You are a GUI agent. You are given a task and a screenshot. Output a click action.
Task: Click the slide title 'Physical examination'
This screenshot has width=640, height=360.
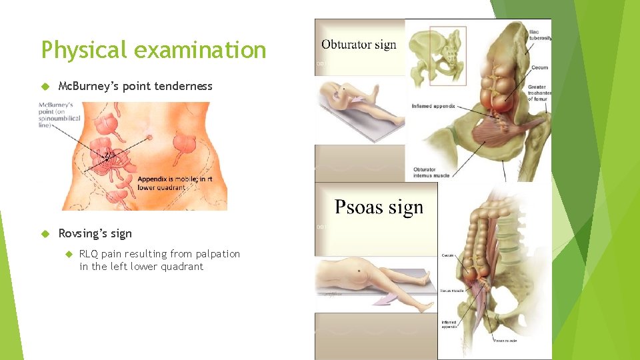coord(153,50)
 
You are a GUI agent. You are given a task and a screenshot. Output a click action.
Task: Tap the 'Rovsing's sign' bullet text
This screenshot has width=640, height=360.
coord(95,233)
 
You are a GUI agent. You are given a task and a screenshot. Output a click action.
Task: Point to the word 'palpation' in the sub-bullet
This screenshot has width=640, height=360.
coord(215,254)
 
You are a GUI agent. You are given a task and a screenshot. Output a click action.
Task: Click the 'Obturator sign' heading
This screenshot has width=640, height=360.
coord(359,45)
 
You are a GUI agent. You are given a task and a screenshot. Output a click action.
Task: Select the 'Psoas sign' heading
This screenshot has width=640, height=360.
coord(379,207)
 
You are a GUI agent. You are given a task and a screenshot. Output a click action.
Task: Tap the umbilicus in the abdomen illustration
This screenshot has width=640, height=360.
coord(149,137)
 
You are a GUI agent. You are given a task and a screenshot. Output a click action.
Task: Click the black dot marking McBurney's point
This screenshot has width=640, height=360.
coord(107,160)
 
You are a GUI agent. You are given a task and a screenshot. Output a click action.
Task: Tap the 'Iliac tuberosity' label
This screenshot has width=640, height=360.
coord(539,35)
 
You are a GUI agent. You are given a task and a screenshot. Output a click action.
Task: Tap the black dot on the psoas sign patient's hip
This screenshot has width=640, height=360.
coord(361,271)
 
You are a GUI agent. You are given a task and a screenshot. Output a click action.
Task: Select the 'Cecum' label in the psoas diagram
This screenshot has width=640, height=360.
coord(448,255)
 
